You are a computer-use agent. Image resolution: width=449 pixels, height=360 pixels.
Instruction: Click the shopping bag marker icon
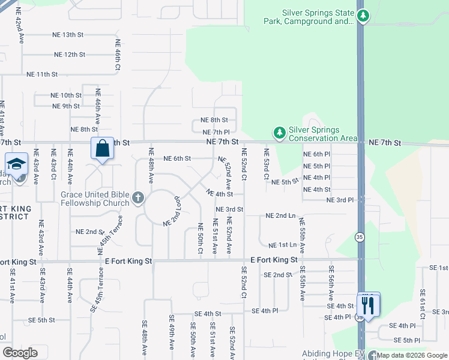pos(102,148)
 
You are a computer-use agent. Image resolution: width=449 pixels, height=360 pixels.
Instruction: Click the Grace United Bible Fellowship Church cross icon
pos(137,198)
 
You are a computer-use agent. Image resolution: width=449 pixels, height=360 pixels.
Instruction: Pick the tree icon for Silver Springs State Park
pos(362,17)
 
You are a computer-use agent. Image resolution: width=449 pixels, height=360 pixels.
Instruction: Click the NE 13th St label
pos(76,35)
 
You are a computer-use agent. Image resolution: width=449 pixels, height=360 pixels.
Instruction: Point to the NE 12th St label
pos(70,55)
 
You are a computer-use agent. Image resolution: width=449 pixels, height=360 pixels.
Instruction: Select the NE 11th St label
pos(42,74)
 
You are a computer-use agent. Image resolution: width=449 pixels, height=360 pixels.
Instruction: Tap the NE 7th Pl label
pos(216,132)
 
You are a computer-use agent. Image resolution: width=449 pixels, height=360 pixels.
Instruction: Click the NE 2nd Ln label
pos(280,215)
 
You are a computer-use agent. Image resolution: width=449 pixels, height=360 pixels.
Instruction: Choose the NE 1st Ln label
pos(282,245)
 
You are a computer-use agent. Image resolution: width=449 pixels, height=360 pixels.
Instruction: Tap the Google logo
pos(20,352)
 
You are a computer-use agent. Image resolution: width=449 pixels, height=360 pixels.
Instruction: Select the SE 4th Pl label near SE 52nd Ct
pos(265,311)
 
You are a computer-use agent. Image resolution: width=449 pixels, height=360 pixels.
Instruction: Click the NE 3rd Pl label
pos(340,199)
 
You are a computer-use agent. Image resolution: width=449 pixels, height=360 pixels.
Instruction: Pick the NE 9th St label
pos(66,106)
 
